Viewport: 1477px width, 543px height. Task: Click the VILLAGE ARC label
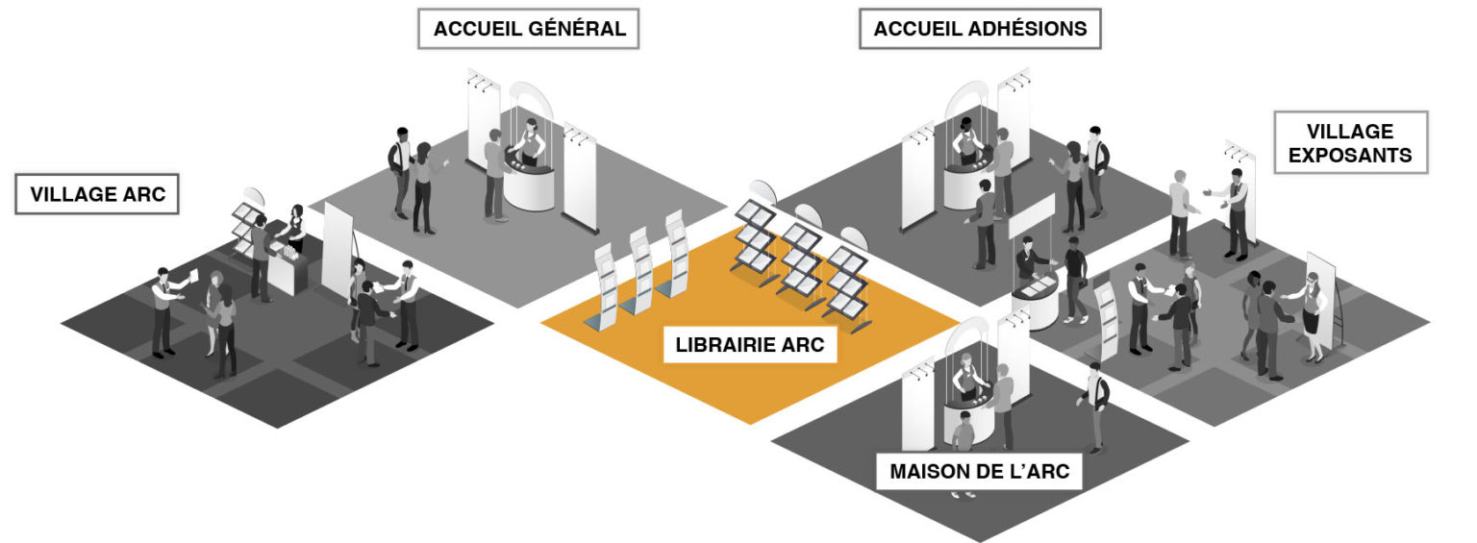(x=97, y=194)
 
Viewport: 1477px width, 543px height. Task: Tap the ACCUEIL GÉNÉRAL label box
(x=529, y=28)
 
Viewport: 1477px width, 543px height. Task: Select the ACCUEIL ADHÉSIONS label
(x=980, y=28)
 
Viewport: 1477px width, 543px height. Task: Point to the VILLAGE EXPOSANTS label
(x=1350, y=142)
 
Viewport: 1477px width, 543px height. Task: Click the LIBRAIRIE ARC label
(x=750, y=344)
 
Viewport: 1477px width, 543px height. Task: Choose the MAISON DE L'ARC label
(x=979, y=471)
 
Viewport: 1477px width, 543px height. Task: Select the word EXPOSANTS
(x=1350, y=156)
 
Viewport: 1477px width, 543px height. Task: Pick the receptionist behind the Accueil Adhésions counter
(x=966, y=141)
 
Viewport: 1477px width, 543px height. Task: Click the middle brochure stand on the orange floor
(x=638, y=271)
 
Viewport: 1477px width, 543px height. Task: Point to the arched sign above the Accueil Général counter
(x=531, y=102)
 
